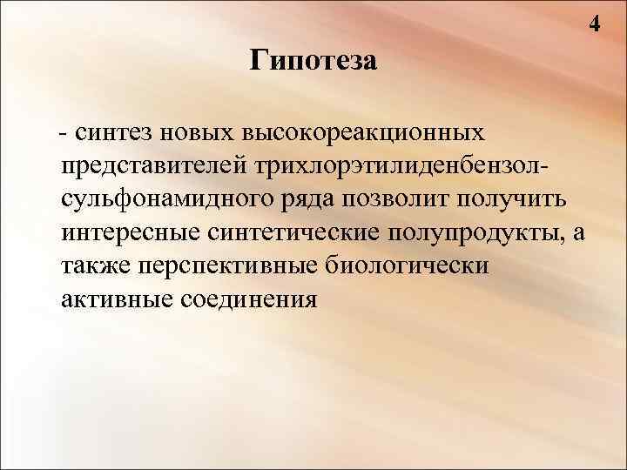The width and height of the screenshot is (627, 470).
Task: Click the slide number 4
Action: [x=595, y=24]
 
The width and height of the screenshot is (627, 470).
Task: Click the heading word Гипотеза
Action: [x=313, y=62]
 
